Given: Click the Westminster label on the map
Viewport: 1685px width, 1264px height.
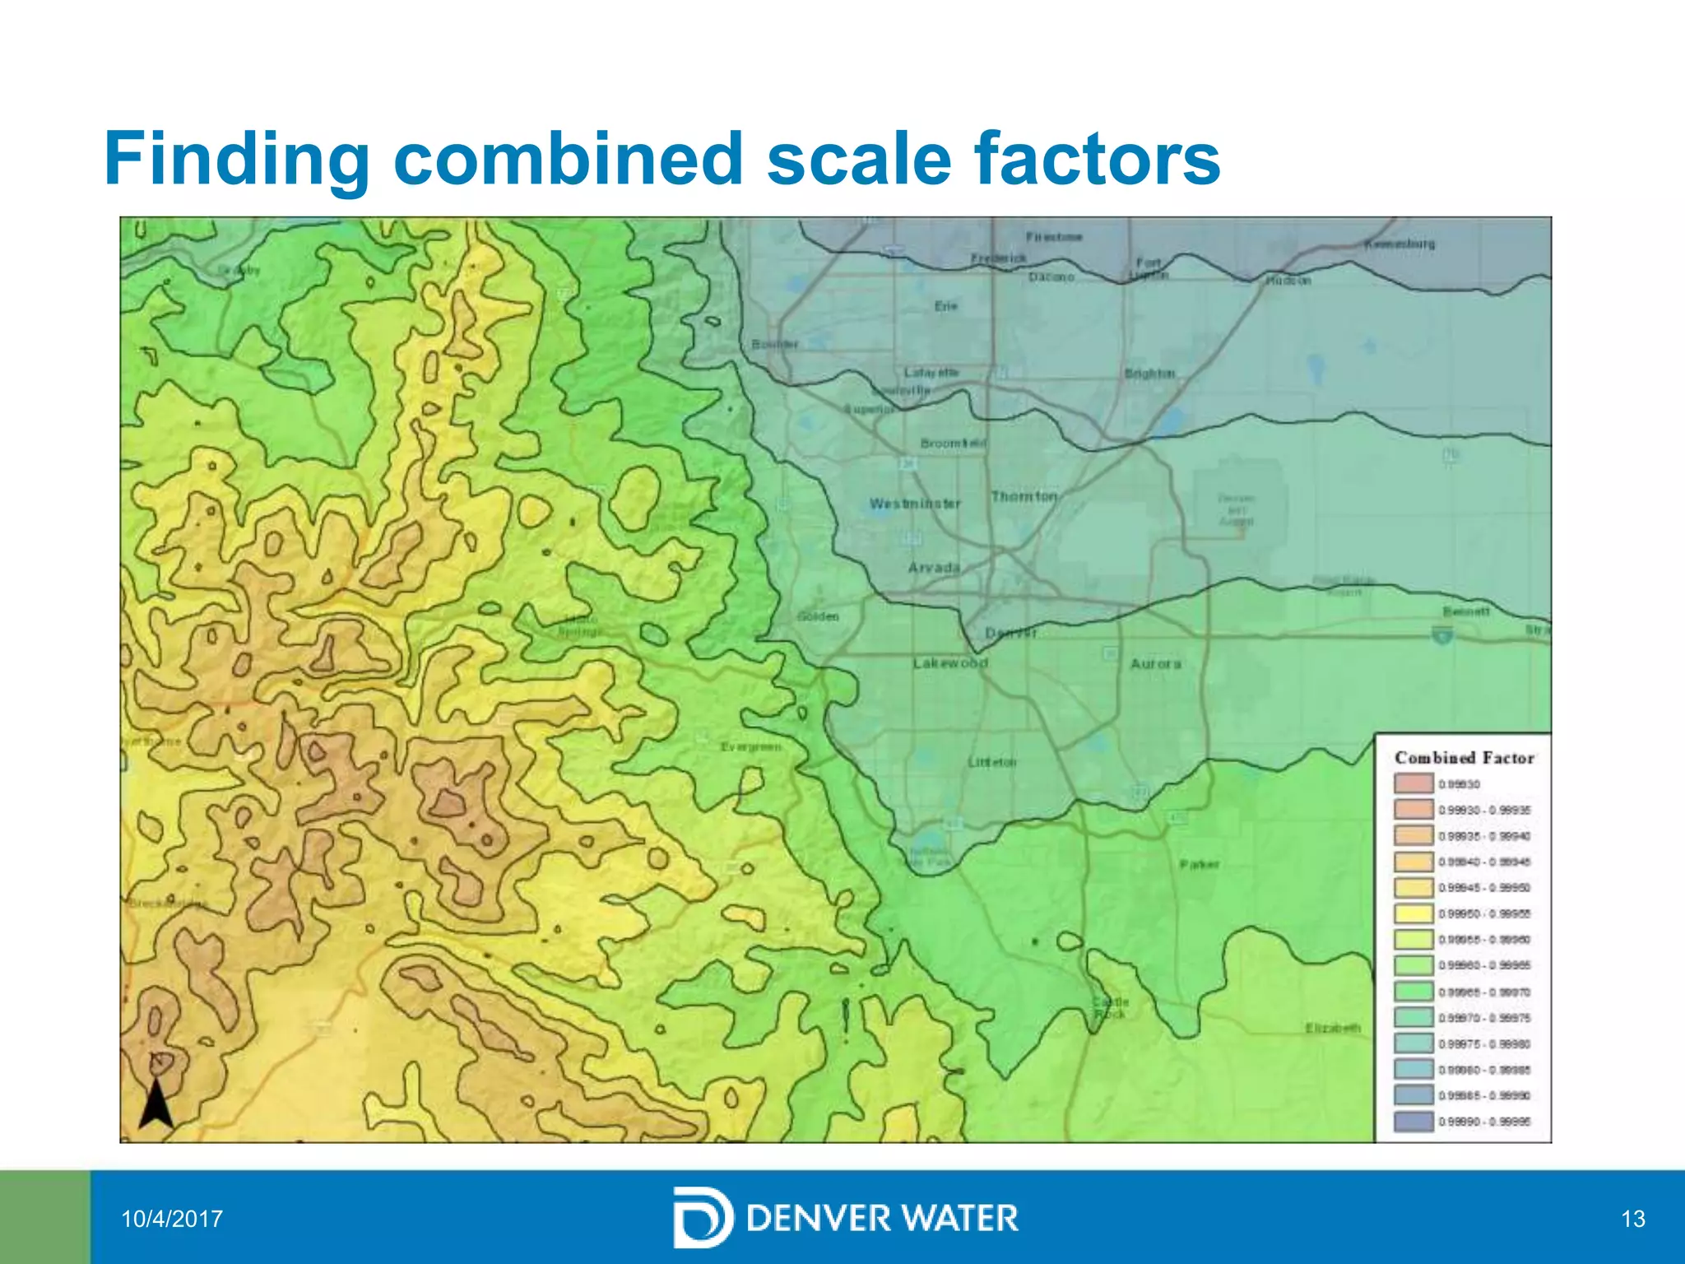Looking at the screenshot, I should (915, 504).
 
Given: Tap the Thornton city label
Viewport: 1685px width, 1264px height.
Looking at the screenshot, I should (1024, 496).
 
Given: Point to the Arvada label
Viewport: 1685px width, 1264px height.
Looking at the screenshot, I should (934, 568).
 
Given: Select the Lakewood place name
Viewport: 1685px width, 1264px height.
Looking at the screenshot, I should (950, 663).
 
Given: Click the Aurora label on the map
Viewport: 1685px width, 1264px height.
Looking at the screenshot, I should (1155, 663).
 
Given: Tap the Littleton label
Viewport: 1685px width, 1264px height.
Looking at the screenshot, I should (992, 763).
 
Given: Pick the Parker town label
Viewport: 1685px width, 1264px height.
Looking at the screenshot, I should (1199, 865).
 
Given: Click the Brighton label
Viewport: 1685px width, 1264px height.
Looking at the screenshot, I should (1149, 374).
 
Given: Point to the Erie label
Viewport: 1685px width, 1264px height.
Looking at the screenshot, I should (946, 306).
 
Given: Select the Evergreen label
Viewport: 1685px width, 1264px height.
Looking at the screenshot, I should (750, 747).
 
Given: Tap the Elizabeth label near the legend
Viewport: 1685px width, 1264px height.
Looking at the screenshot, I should (1333, 1028).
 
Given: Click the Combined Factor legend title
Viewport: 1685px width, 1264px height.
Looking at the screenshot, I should (1465, 758).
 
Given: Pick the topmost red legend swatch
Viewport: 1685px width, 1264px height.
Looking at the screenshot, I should (1413, 783).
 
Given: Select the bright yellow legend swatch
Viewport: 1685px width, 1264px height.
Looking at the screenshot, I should (1413, 913).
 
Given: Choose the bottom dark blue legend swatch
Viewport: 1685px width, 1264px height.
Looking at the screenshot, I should (1413, 1122).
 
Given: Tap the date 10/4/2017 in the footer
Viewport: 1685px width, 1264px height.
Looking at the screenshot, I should (172, 1219).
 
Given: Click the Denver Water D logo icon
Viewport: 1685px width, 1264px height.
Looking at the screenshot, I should (702, 1218).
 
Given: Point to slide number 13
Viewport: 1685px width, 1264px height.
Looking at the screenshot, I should (1632, 1219).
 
